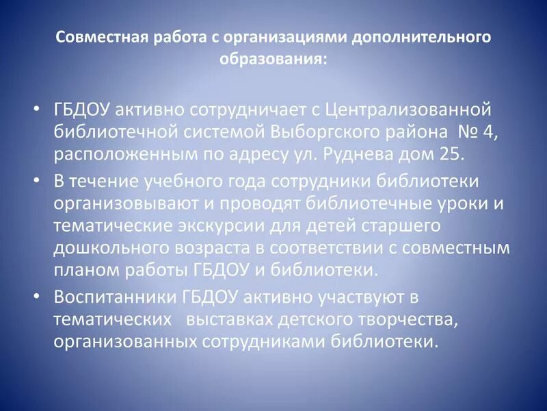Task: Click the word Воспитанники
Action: pyautogui.click(x=116, y=297)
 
